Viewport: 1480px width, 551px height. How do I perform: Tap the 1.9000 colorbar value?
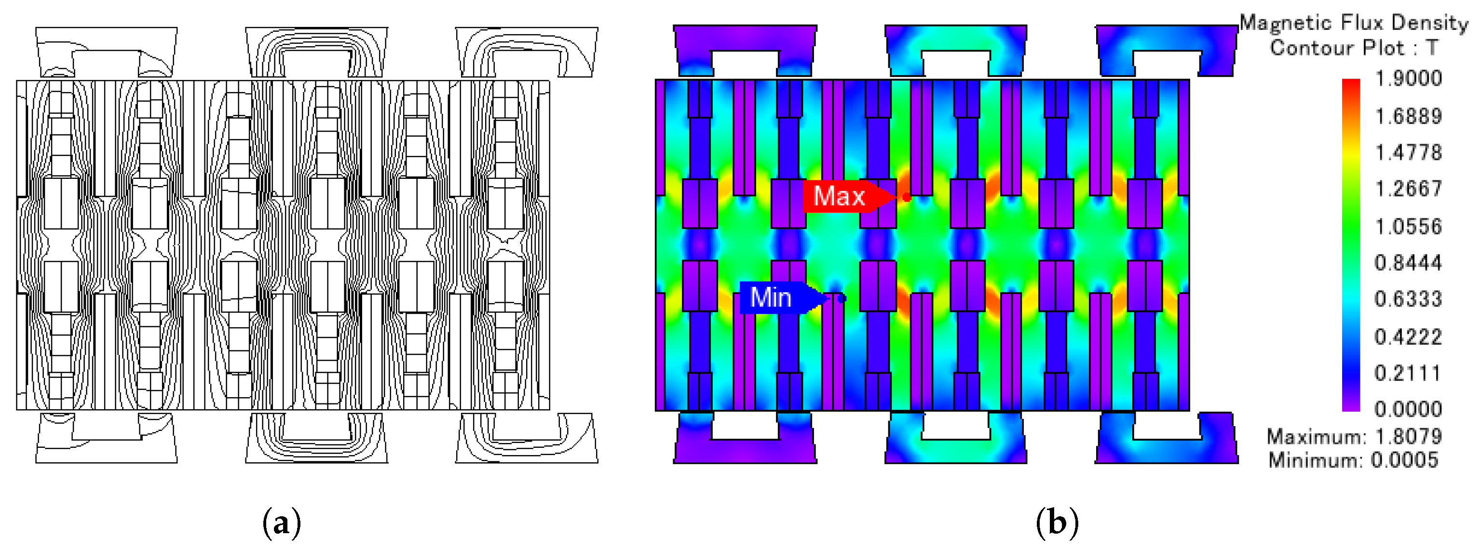click(1408, 78)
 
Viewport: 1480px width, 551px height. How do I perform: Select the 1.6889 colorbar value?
click(1408, 117)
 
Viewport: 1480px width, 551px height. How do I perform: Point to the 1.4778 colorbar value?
click(1408, 153)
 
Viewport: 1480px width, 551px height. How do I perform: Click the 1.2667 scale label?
click(1408, 189)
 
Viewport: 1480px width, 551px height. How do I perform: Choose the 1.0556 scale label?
click(1408, 227)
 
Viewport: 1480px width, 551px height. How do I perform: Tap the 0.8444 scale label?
click(1408, 263)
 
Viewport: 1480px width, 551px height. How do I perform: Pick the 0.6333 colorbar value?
click(1408, 299)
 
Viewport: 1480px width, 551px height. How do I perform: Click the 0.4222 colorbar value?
click(1408, 336)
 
